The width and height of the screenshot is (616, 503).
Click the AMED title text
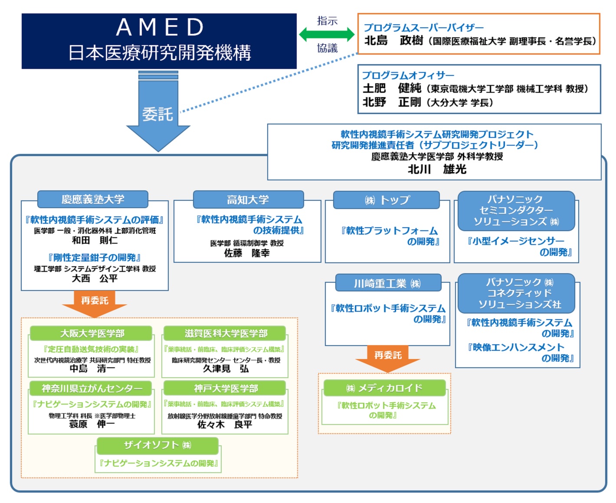tap(160, 27)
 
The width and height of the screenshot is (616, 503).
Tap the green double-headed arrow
tap(327, 34)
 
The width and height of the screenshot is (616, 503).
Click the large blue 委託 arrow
tap(158, 114)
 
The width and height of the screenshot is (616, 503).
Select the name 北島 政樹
tap(393, 41)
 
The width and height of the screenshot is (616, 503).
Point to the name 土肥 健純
tap(392, 88)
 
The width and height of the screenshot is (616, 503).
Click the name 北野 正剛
tap(392, 102)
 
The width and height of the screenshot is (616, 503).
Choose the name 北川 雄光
tap(436, 169)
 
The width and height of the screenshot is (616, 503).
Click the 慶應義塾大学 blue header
tap(93, 199)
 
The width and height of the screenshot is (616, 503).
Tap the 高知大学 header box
tap(248, 200)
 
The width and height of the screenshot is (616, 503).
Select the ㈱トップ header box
tap(387, 200)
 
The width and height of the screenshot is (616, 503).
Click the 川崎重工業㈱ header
tap(388, 283)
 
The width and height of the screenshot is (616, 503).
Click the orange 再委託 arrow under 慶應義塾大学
tap(95, 303)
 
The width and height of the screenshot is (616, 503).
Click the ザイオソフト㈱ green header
tap(157, 445)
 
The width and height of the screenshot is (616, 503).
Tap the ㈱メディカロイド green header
tap(384, 388)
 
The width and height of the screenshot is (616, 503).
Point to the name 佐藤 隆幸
tap(246, 253)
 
